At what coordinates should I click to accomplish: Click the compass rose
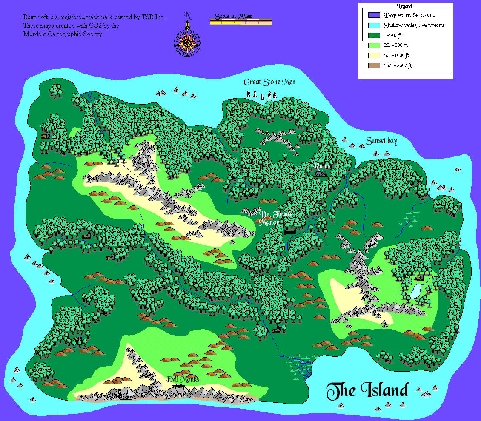click(x=187, y=42)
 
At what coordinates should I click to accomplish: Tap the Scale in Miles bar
click(x=241, y=22)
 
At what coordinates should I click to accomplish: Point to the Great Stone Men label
click(x=269, y=82)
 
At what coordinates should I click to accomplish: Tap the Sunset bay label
click(x=381, y=142)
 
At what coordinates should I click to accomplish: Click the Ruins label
click(x=322, y=166)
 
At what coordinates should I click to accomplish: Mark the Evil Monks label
click(x=182, y=379)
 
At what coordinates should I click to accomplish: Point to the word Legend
click(x=405, y=6)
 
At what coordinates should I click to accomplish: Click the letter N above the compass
click(x=187, y=16)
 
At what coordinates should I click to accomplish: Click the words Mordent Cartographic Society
click(x=63, y=34)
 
